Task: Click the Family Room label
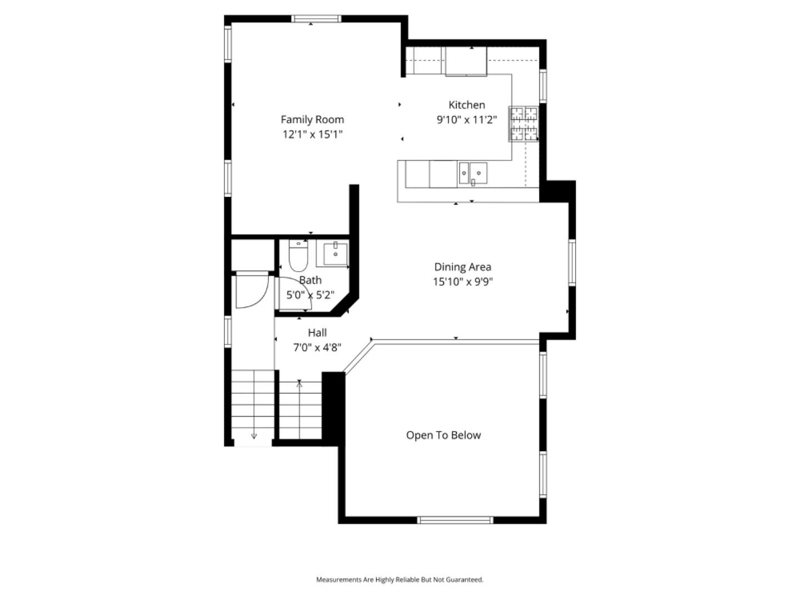[x=312, y=119]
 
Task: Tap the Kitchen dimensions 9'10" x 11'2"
[x=467, y=119]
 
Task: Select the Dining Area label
[x=462, y=267]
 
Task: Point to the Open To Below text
[x=443, y=436]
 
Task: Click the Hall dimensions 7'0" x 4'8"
[x=317, y=348]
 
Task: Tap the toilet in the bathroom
[x=298, y=255]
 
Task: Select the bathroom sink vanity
[x=333, y=253]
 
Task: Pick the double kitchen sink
[x=472, y=173]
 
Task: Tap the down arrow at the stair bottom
[x=254, y=436]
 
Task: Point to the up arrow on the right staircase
[x=299, y=383]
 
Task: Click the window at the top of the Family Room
[x=316, y=18]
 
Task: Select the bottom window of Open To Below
[x=455, y=520]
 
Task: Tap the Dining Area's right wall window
[x=572, y=262]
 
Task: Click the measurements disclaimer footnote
[x=399, y=579]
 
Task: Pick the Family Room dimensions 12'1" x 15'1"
[x=312, y=134]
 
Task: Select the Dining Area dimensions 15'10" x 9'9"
[x=463, y=282]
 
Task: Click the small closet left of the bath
[x=253, y=254]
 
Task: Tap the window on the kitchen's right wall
[x=543, y=86]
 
